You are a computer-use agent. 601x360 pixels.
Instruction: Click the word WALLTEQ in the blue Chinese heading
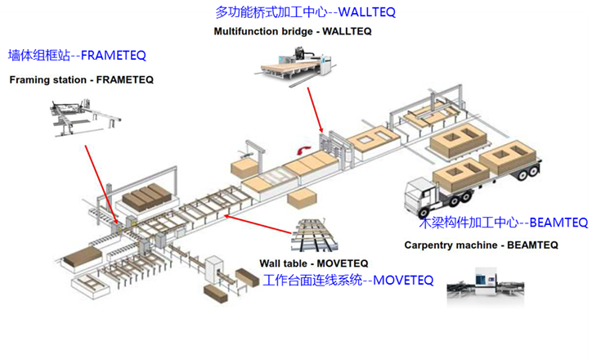click(367, 12)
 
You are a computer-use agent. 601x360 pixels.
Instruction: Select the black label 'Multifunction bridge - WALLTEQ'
click(293, 31)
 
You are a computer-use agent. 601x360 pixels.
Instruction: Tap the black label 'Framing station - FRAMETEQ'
click(81, 79)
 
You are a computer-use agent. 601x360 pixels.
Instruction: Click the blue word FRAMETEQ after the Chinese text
click(114, 56)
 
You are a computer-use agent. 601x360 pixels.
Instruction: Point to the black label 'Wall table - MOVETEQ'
click(313, 263)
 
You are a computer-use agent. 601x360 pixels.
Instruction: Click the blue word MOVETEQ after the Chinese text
click(403, 281)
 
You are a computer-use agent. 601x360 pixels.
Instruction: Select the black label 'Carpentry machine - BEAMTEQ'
click(481, 245)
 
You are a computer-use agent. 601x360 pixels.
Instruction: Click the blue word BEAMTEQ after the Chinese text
click(558, 223)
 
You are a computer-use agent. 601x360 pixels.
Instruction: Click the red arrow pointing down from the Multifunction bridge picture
click(315, 110)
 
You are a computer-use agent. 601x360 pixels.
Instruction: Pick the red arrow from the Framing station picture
click(101, 185)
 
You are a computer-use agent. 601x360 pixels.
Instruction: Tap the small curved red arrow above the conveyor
click(304, 150)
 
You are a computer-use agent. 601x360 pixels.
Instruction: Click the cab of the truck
click(420, 197)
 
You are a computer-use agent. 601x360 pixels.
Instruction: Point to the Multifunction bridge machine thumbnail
click(297, 66)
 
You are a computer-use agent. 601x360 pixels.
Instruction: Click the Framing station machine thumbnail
click(85, 118)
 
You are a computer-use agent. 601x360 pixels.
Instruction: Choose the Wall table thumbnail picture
click(314, 236)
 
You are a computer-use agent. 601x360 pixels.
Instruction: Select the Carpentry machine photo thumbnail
click(486, 286)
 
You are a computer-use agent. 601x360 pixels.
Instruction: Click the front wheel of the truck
click(424, 213)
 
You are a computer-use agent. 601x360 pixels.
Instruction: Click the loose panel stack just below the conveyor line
click(303, 200)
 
